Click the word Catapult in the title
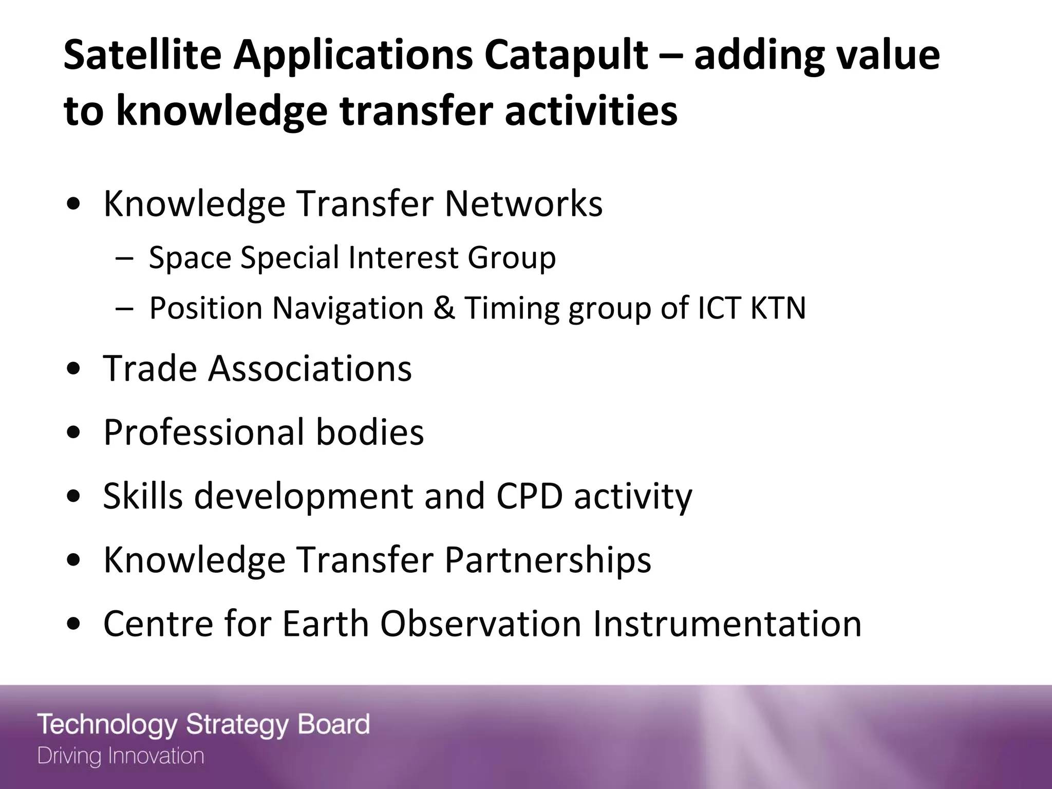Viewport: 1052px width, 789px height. pyautogui.click(x=565, y=55)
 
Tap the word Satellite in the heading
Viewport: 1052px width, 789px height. pyautogui.click(x=142, y=54)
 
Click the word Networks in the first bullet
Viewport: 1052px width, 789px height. pyautogui.click(x=523, y=204)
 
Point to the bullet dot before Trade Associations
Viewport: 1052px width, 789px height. pyautogui.click(x=75, y=369)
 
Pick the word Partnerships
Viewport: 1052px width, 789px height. pyautogui.click(x=548, y=560)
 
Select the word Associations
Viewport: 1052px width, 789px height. pyautogui.click(x=310, y=369)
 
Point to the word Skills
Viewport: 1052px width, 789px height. pyautogui.click(x=143, y=496)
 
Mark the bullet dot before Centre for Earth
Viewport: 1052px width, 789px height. pyautogui.click(x=75, y=625)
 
